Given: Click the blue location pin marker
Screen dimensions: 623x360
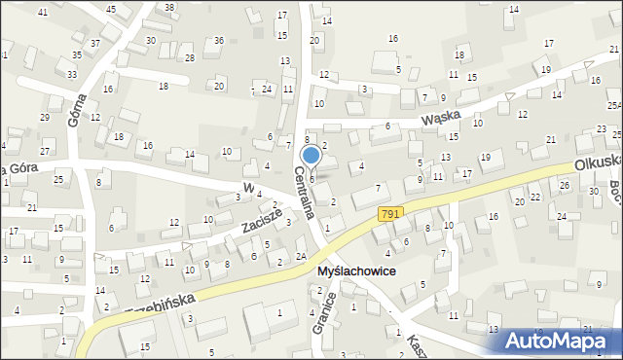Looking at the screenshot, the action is click(x=311, y=156).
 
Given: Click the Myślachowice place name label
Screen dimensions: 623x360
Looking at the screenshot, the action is click(x=356, y=271).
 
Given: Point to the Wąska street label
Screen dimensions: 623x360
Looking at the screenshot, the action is click(x=439, y=119).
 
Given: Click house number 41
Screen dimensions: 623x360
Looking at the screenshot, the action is click(x=42, y=11).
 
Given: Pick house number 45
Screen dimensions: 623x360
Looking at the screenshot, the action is click(x=111, y=9).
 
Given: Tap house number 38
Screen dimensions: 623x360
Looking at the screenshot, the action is click(x=169, y=7).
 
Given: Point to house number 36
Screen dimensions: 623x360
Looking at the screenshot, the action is click(x=219, y=40).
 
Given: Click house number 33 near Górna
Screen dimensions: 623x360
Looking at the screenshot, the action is click(x=72, y=74).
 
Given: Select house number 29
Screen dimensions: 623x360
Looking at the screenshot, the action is click(x=44, y=117).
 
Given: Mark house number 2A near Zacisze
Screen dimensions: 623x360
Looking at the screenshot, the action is click(x=301, y=255).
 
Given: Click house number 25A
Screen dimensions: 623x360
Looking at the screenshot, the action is click(x=614, y=105).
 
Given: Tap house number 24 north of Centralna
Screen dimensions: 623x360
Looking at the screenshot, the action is click(x=267, y=89).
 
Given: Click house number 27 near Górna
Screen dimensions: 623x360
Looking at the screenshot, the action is click(x=44, y=152).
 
